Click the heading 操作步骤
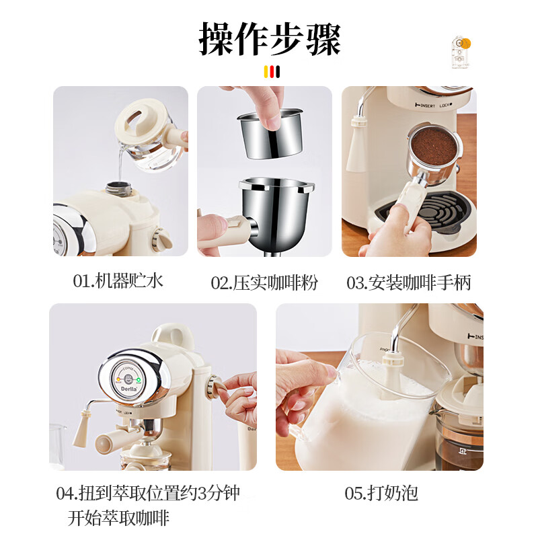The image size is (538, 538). [270, 38]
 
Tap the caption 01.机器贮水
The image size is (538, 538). [118, 281]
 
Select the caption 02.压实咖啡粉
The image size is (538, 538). [264, 282]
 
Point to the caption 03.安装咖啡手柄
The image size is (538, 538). [408, 282]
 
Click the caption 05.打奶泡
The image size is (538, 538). [381, 494]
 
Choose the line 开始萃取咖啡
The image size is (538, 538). [118, 518]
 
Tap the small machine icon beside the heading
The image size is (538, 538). [460, 52]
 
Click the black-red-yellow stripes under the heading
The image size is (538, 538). [272, 72]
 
